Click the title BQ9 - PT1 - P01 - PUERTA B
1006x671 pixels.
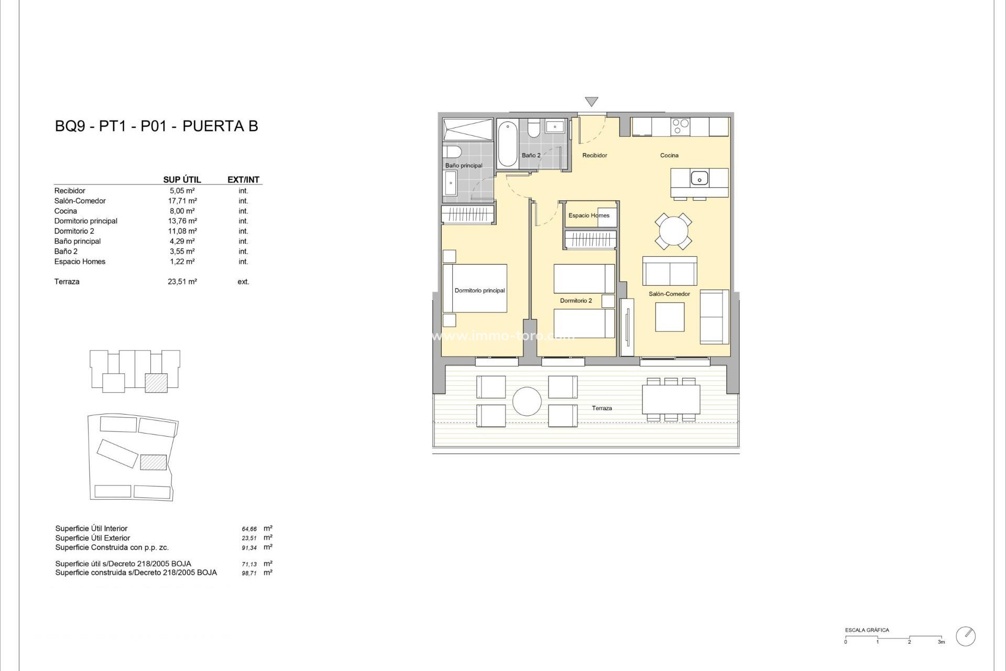pyautogui.click(x=156, y=126)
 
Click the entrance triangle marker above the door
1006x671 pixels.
pyautogui.click(x=591, y=101)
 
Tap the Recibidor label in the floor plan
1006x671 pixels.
pyautogui.click(x=594, y=155)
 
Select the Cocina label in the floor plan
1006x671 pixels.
pyautogui.click(x=669, y=155)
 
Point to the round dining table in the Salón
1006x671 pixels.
pyautogui.click(x=673, y=231)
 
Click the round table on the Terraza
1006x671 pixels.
pyautogui.click(x=527, y=402)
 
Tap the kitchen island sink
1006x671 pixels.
pyautogui.click(x=699, y=178)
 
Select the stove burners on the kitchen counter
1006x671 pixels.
pyautogui.click(x=681, y=127)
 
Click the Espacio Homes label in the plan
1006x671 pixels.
pyautogui.click(x=588, y=215)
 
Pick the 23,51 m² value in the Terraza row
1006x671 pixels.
pyautogui.click(x=182, y=282)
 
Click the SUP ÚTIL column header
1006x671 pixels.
pyautogui.click(x=182, y=179)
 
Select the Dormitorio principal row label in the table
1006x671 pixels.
pyautogui.click(x=86, y=221)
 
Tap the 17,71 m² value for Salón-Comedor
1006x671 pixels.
pyautogui.click(x=182, y=201)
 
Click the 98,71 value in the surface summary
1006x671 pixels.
pyautogui.click(x=249, y=573)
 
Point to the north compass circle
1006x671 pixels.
pyautogui.click(x=965, y=636)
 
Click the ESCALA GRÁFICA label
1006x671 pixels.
pyautogui.click(x=867, y=630)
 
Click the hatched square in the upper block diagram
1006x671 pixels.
pyautogui.click(x=156, y=383)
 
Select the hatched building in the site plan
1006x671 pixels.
pyautogui.click(x=154, y=462)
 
